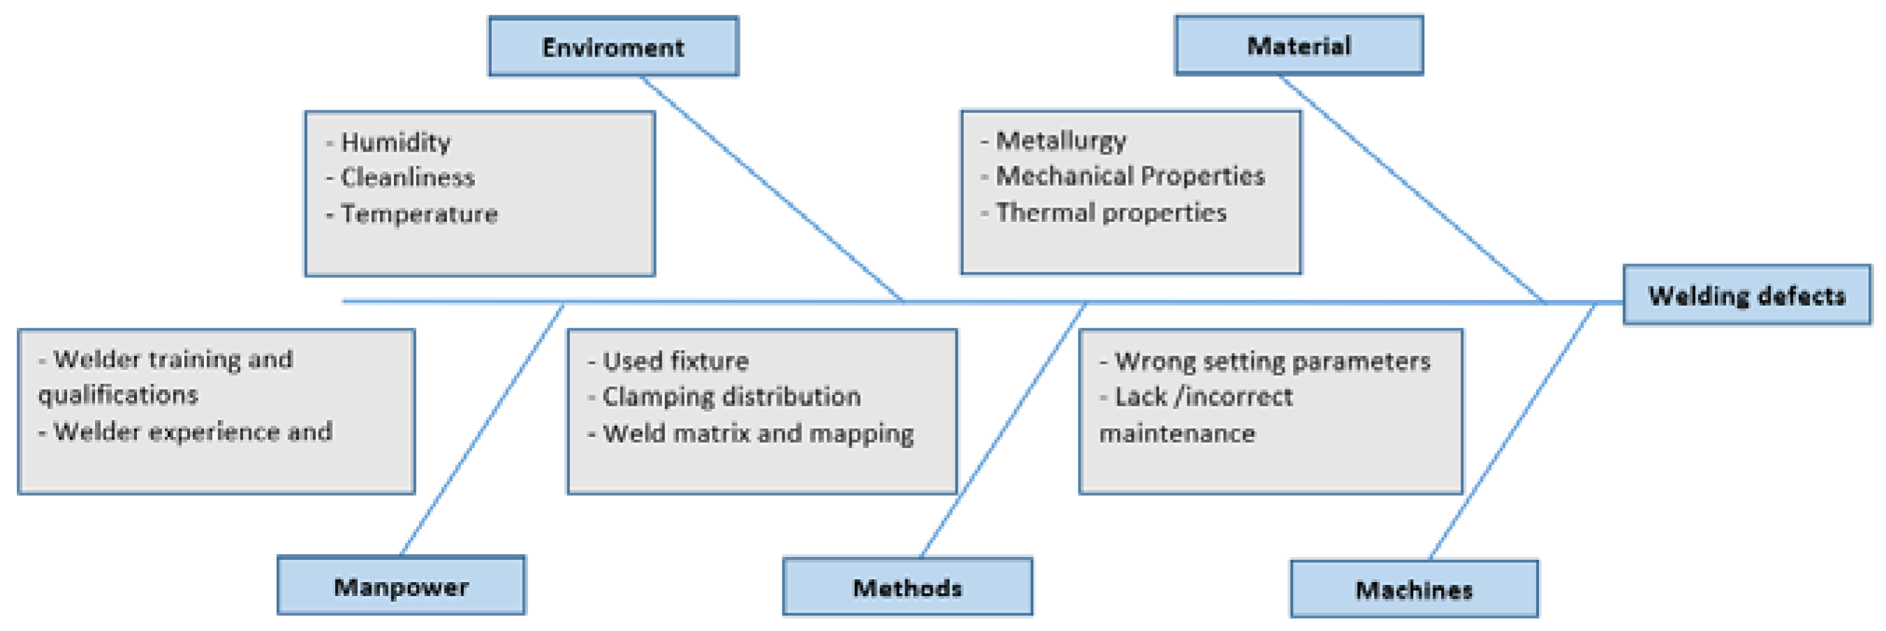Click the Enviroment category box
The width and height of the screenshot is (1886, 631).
[613, 47]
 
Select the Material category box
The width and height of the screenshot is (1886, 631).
[1298, 45]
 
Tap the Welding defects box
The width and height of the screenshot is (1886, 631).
[1746, 295]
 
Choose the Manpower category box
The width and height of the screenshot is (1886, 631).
[400, 586]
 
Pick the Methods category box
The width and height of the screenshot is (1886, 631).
[907, 587]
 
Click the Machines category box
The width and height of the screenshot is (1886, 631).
[1413, 589]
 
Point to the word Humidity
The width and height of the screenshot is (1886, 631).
[395, 142]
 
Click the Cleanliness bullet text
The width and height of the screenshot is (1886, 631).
[407, 177]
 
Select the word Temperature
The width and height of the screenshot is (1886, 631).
[419, 214]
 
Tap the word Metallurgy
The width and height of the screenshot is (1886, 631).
[1061, 140]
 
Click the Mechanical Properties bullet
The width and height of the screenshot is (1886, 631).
[1130, 176]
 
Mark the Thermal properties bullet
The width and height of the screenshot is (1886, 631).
[1111, 212]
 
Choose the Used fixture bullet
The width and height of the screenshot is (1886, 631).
[674, 361]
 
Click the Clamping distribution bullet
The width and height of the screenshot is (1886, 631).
[731, 396]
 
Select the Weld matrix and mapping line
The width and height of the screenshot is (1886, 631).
[757, 433]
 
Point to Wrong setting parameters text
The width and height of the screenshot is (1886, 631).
[1272, 361]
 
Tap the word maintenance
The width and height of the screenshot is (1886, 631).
[1176, 433]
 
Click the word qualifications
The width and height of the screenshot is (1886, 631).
[118, 394]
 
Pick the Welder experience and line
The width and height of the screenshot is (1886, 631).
[192, 431]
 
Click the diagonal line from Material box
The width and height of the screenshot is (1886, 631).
[1413, 189]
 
